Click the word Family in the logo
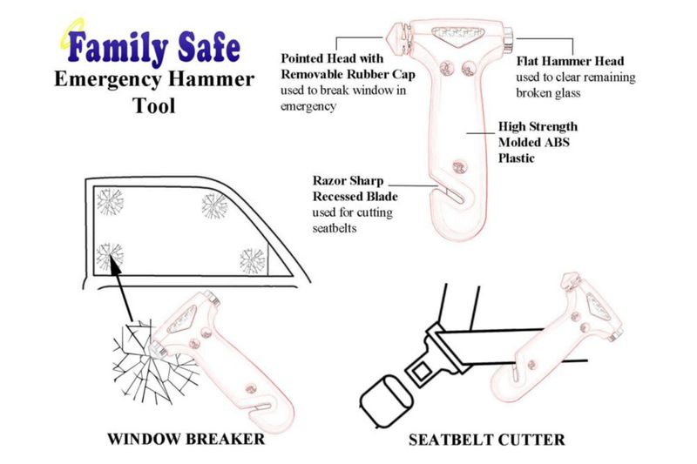pyautogui.click(x=118, y=48)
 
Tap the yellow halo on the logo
pyautogui.click(x=72, y=32)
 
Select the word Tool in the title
pyautogui.click(x=154, y=105)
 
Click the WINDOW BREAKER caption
pyautogui.click(x=186, y=439)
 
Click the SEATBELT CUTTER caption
pyautogui.click(x=487, y=440)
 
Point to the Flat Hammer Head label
pyautogui.click(x=570, y=61)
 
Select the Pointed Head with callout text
pyautogui.click(x=332, y=58)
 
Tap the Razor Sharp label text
pyautogui.click(x=348, y=180)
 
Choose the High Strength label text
pyautogui.click(x=538, y=126)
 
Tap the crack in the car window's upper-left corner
pyautogui.click(x=110, y=201)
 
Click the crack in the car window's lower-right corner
pyautogui.click(x=252, y=260)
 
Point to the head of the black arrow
pyautogui.click(x=114, y=263)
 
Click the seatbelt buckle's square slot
pyautogui.click(x=421, y=370)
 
